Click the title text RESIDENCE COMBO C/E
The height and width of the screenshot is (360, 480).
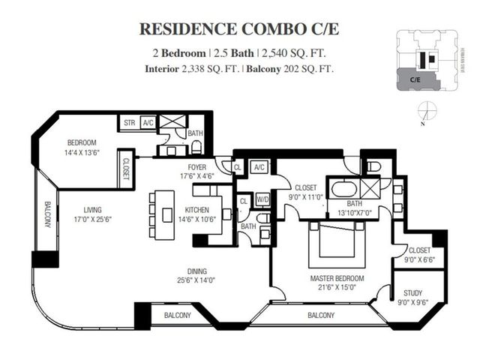239,28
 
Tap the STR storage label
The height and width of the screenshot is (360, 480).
129,121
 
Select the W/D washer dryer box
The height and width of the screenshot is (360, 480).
262,199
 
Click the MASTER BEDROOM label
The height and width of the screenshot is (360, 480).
337,278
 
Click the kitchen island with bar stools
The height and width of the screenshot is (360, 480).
166,215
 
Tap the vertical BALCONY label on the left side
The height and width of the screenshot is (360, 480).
46,216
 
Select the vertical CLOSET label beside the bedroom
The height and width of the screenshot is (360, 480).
124,169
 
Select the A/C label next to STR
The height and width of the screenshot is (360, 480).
148,121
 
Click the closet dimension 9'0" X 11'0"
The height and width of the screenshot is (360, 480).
304,197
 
